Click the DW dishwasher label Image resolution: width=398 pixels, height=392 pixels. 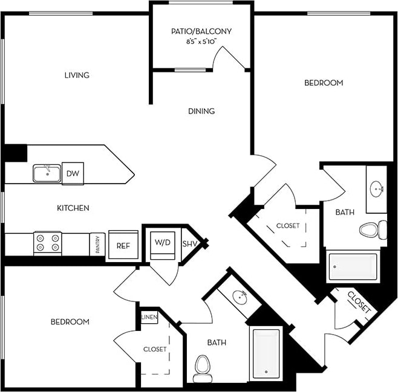tap(71, 173)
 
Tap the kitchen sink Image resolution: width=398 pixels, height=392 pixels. tap(47, 173)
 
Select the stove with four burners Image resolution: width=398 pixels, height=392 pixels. tap(48, 242)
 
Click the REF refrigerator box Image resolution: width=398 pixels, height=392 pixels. tap(123, 246)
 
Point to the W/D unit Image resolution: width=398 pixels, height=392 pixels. tap(161, 242)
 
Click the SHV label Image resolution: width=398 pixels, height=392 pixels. tap(189, 243)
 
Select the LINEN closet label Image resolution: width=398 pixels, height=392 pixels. tap(149, 316)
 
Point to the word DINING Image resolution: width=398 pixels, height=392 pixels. tap(201, 111)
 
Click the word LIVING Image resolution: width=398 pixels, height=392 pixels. tap(77, 76)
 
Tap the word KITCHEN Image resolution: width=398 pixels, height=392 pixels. tap(73, 208)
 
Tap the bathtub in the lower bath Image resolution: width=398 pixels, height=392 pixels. tap(266, 354)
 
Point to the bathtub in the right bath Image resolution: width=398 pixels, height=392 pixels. tap(353, 266)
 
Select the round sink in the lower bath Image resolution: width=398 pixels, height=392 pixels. tap(240, 297)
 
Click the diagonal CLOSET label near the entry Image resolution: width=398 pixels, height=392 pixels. tap(359, 301)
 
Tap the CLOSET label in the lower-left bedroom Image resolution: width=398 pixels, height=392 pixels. tap(155, 349)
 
